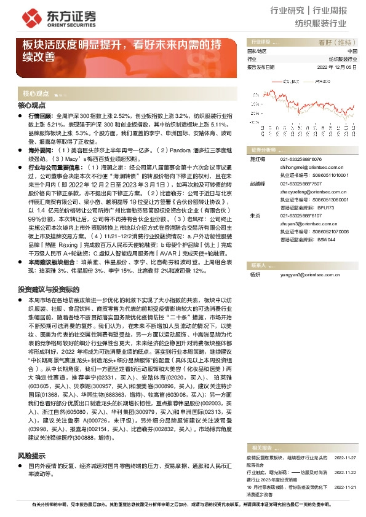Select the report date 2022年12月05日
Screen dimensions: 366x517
coord(337,68)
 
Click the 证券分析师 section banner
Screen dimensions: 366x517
coord(261,150)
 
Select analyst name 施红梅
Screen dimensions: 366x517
coord(256,158)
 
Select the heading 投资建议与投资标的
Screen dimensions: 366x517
coord(49,289)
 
